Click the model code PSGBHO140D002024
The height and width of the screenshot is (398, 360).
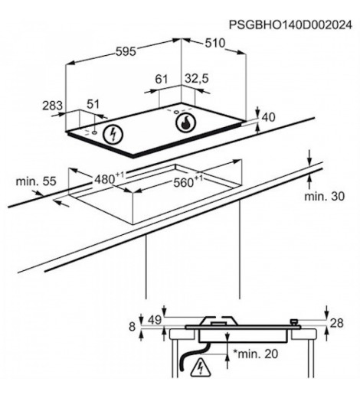point(290,25)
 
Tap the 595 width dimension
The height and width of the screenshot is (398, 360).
point(126,52)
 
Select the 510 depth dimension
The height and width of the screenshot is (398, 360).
point(215,43)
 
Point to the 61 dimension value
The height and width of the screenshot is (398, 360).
point(162,79)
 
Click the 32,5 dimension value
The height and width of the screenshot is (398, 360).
point(197,79)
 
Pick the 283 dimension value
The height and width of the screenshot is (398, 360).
point(52,106)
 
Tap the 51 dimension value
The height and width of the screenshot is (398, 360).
point(93,104)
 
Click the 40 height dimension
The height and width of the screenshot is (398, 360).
point(269,117)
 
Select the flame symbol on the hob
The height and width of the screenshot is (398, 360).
point(185,122)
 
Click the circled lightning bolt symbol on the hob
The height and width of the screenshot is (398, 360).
point(113,134)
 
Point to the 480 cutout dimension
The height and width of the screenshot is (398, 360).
point(109,178)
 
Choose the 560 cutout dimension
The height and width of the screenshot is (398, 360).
point(188,181)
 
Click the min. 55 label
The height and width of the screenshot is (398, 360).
point(36,181)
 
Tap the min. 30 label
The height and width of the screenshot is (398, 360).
point(324,196)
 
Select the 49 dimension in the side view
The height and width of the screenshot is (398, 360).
point(155,320)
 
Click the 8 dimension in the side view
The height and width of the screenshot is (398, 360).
point(132,327)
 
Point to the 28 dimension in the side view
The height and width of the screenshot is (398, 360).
point(337,323)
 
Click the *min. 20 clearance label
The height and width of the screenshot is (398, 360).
point(256,354)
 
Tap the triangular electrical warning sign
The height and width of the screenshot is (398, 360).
point(201,367)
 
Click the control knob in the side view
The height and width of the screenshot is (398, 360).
point(294,322)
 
